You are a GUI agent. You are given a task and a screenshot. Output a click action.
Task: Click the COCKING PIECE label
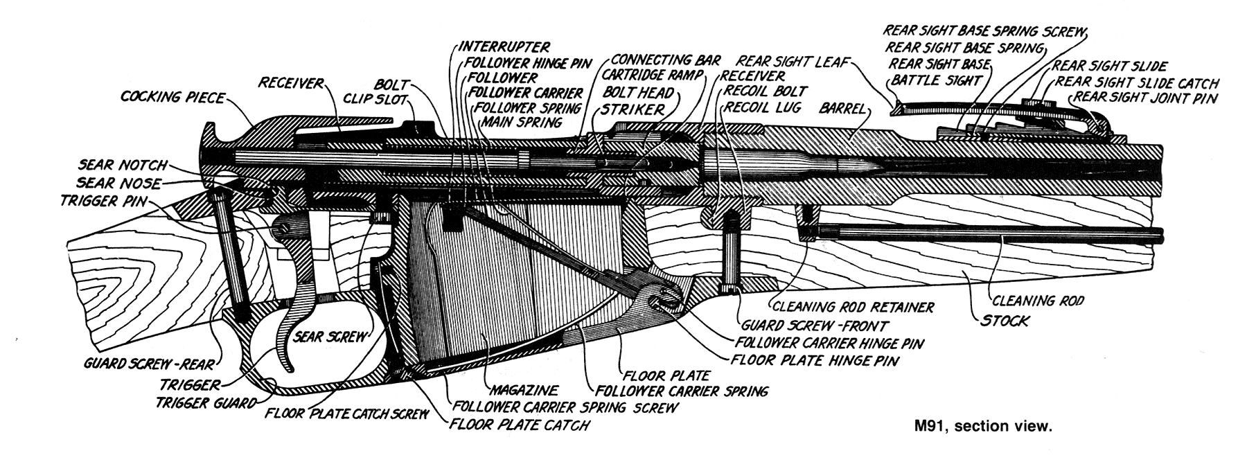click(173, 98)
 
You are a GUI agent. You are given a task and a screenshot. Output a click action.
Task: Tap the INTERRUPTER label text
click(504, 47)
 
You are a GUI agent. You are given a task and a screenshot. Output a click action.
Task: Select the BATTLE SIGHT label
click(936, 80)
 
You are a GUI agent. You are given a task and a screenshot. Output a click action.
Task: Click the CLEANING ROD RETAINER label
click(853, 307)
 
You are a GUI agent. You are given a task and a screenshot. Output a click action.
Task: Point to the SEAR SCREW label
click(329, 337)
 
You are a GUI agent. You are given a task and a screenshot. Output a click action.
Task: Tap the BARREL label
click(843, 109)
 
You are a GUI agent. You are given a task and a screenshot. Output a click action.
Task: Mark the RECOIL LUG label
click(762, 107)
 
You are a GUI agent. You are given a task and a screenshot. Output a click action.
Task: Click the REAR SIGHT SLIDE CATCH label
click(1136, 82)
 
